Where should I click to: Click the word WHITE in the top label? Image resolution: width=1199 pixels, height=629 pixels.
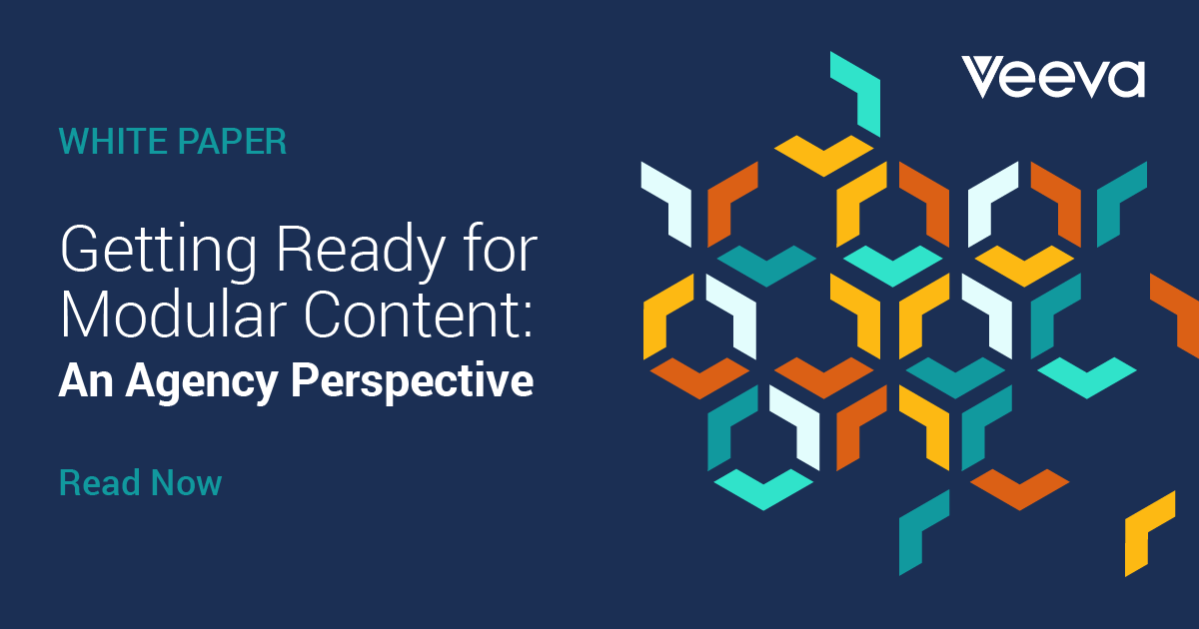click(x=114, y=142)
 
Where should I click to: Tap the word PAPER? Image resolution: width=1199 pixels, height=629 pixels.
click(x=232, y=142)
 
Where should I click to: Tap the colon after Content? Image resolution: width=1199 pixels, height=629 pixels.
click(x=529, y=320)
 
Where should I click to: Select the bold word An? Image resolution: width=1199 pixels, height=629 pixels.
click(x=86, y=380)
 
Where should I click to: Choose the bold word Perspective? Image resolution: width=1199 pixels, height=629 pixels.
click(x=412, y=382)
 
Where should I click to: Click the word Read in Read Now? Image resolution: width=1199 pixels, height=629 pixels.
click(x=100, y=483)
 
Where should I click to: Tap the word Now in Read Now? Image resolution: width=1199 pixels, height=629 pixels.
click(x=186, y=483)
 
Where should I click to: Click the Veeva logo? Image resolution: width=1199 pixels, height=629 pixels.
click(x=1053, y=78)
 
